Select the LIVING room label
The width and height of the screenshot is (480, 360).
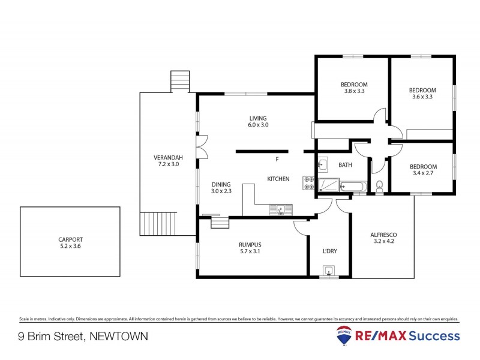(259, 118)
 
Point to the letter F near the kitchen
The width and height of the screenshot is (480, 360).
(277, 160)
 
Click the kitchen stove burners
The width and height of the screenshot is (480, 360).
(309, 183)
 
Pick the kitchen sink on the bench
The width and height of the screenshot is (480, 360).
(280, 209)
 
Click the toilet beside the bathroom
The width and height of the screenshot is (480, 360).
(379, 188)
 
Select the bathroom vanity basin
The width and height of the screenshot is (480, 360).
(322, 163)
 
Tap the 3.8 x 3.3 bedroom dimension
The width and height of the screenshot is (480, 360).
(354, 91)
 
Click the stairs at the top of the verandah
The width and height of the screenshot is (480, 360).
(179, 81)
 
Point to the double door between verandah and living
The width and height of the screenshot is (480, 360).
(202, 146)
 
